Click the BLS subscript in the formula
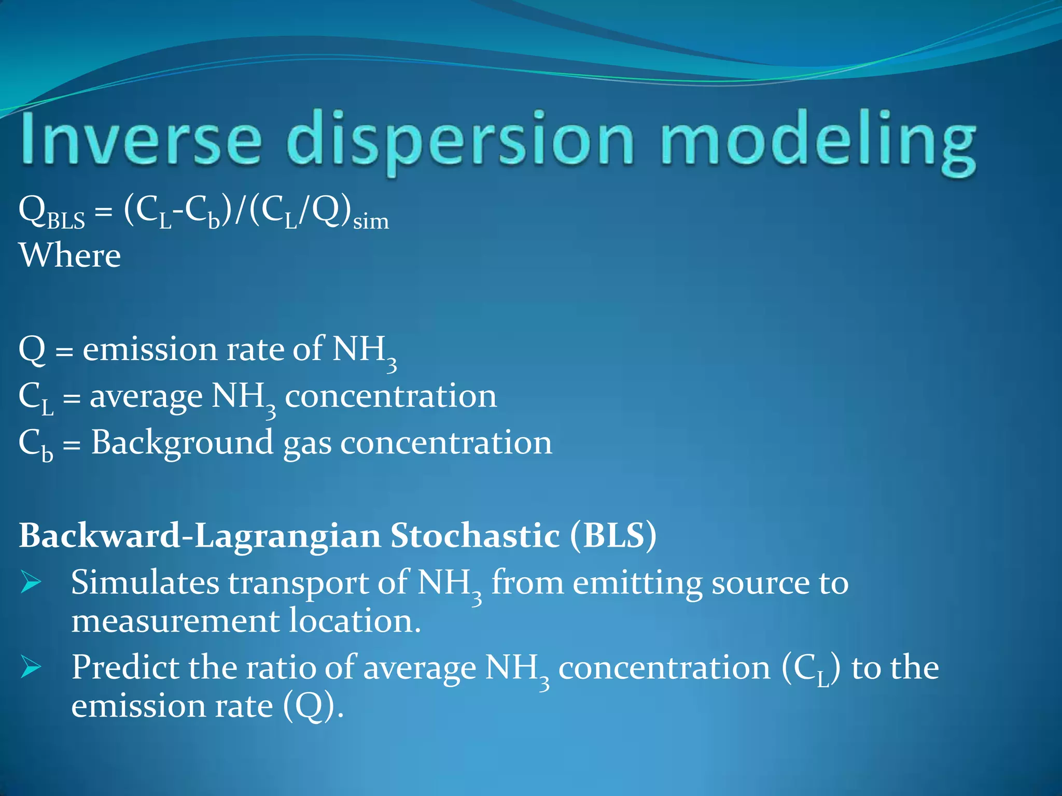coord(66,222)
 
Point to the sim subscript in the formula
coord(371,222)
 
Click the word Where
coord(70,255)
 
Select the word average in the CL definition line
coord(146,396)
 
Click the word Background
coord(181,444)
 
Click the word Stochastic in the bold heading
coord(474,535)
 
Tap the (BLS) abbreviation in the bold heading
coord(613,535)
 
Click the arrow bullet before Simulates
coord(31,583)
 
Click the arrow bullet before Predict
coord(31,667)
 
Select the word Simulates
coord(145,582)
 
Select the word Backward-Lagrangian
coord(200,535)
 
